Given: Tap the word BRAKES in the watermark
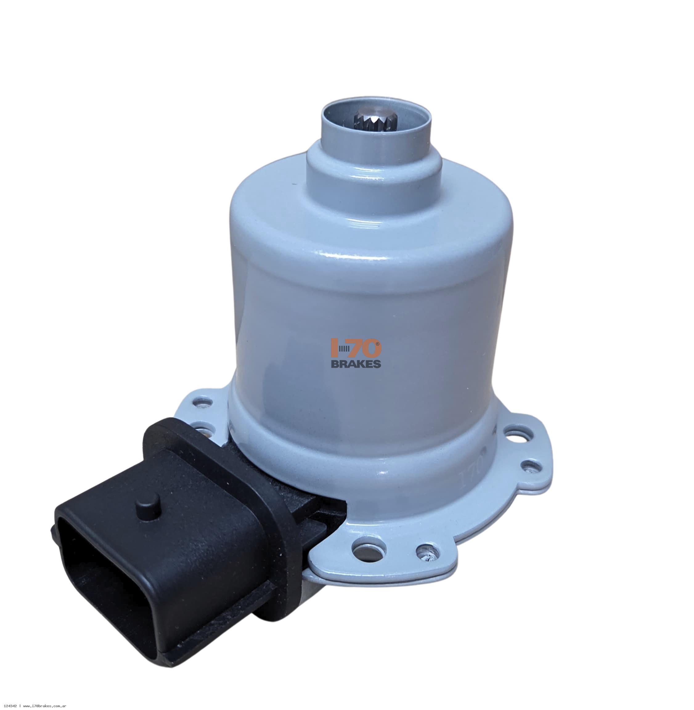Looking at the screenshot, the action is (356, 363).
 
